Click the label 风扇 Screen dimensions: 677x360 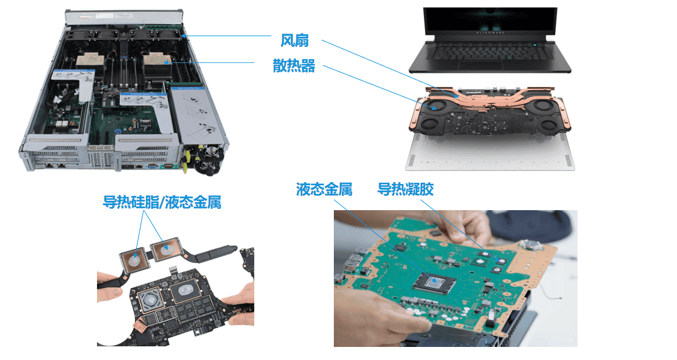coord(295,40)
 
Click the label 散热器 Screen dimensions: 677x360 coord(293,66)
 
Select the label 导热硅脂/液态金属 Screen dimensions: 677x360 coord(162,202)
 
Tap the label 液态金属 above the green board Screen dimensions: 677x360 coord(324,189)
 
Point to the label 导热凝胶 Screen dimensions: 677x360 coord(405,189)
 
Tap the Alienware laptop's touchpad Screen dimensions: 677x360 coord(480,65)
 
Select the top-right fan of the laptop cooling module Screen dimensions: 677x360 coord(545,105)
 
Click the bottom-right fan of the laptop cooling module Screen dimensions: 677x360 coord(548,126)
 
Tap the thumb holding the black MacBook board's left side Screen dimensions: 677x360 coord(111,292)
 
